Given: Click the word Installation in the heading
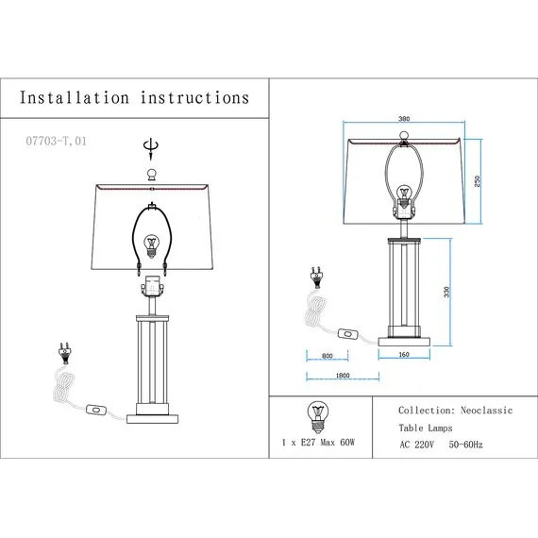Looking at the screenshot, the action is pos(75,97).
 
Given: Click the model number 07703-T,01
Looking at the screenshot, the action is pos(57,141).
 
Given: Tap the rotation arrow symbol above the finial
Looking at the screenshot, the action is pos(151,149).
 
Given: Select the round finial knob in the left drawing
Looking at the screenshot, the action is pos(151,175).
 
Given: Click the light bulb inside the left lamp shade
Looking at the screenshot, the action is pos(151,246).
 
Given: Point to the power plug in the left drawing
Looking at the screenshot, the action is pos(63,353).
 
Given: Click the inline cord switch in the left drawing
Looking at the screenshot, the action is pos(96,410).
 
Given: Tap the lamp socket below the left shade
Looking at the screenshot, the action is pos(152,286).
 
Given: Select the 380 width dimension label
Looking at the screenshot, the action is pos(404,119).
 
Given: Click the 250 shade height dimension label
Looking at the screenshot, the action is pos(477,181).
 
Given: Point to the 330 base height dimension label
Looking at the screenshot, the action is pos(446,292).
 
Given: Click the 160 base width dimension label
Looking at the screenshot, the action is pos(404,355).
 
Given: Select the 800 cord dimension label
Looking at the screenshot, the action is pos(328,356).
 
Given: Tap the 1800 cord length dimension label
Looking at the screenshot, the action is pos(343,376).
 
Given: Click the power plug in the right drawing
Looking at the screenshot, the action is pos(316,277).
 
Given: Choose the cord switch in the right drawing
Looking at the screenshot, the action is pos(348,333).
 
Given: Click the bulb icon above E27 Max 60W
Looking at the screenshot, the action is pos(318,417).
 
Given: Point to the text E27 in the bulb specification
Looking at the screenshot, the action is pos(308,443).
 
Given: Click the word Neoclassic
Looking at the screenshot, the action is pos(486,411).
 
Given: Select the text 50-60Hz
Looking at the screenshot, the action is pos(465,445).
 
